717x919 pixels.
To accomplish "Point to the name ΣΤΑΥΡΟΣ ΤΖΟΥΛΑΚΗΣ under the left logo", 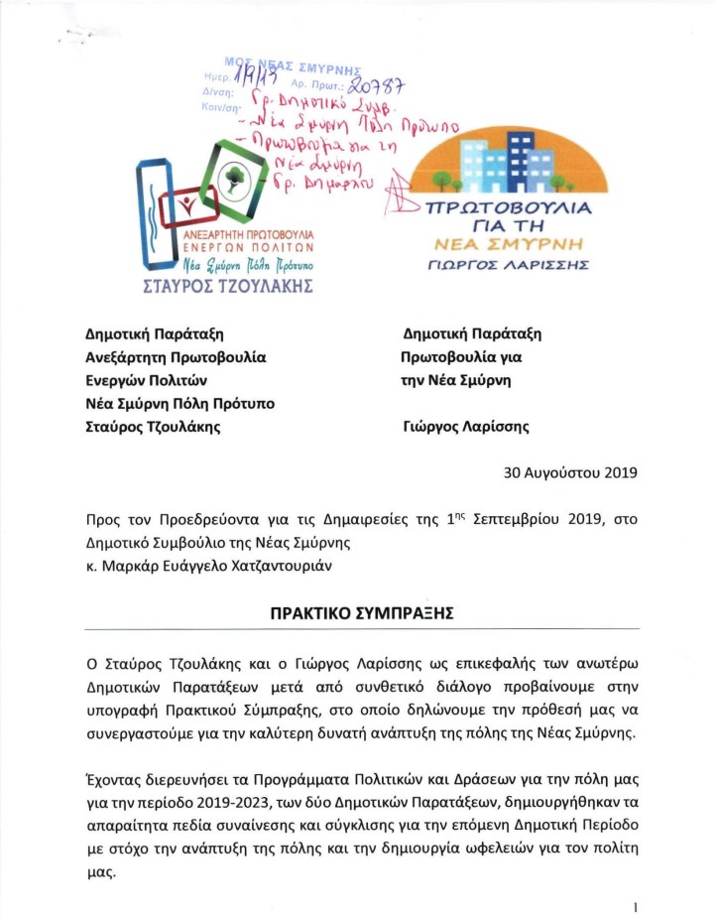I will pos(235,288).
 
